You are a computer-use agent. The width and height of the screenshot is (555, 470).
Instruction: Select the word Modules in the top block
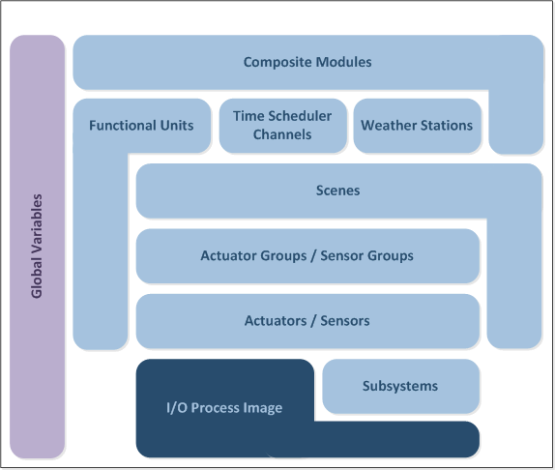(343, 62)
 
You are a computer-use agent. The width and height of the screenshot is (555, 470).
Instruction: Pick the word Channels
(282, 134)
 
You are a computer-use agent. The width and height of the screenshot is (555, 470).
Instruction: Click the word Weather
(386, 126)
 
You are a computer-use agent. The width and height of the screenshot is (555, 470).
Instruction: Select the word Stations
(444, 126)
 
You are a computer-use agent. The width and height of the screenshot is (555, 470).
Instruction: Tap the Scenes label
(338, 191)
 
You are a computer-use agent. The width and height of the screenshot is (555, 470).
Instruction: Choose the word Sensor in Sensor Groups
(342, 255)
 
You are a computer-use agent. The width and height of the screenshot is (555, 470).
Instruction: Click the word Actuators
(276, 321)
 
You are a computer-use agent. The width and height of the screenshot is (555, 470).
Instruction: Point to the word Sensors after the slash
(345, 321)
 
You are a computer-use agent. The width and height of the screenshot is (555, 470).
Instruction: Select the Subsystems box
(401, 386)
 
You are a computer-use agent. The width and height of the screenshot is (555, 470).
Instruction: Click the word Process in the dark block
(216, 408)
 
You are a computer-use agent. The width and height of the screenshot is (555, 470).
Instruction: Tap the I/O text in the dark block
(177, 408)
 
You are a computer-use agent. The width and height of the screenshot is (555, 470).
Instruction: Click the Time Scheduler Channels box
(283, 126)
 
